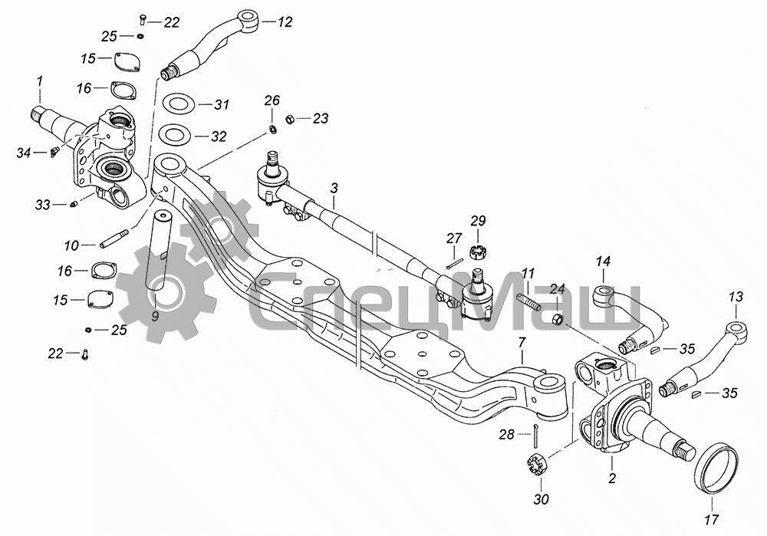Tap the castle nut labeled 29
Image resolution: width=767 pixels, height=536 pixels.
[479, 251]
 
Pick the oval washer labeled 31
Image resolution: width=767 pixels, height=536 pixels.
[176, 104]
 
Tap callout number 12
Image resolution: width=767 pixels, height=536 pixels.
[285, 23]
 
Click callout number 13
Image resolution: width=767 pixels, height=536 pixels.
[736, 297]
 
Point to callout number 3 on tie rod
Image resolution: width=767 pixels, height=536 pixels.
[334, 188]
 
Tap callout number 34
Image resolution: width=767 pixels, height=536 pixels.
[23, 153]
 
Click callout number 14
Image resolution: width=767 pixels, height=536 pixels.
[602, 261]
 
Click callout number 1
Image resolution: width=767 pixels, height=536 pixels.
[40, 81]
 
